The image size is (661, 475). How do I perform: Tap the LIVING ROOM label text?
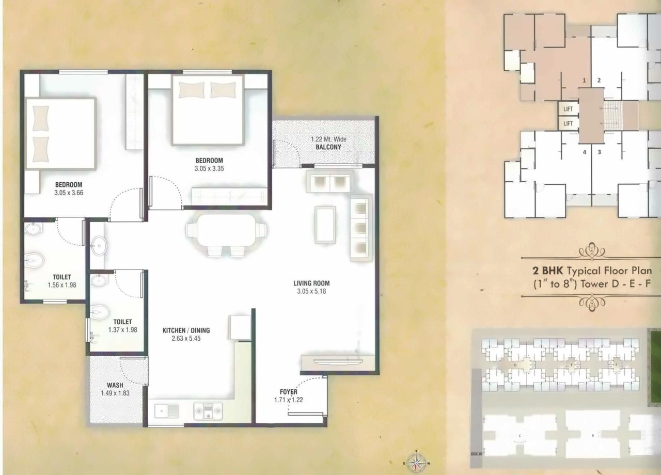click(x=311, y=283)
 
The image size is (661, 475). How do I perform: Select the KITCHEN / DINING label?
click(x=186, y=330)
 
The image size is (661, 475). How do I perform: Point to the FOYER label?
click(x=289, y=392)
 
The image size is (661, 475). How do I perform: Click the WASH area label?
click(x=115, y=385)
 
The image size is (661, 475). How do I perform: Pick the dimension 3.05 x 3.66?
click(x=69, y=193)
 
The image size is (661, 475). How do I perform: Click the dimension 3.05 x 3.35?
click(x=209, y=168)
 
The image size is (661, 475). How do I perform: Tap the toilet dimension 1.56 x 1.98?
click(x=61, y=285)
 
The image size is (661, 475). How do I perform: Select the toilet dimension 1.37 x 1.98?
click(x=122, y=330)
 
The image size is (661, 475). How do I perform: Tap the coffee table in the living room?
click(x=325, y=224)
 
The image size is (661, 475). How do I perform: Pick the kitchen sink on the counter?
click(x=167, y=411)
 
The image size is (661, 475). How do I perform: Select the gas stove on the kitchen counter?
click(x=208, y=411)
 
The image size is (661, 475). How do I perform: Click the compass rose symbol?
click(x=416, y=460)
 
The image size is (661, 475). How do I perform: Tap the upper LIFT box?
click(x=568, y=109)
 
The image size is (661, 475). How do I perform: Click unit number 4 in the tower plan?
click(x=585, y=152)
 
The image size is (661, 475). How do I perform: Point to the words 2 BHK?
click(x=548, y=271)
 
